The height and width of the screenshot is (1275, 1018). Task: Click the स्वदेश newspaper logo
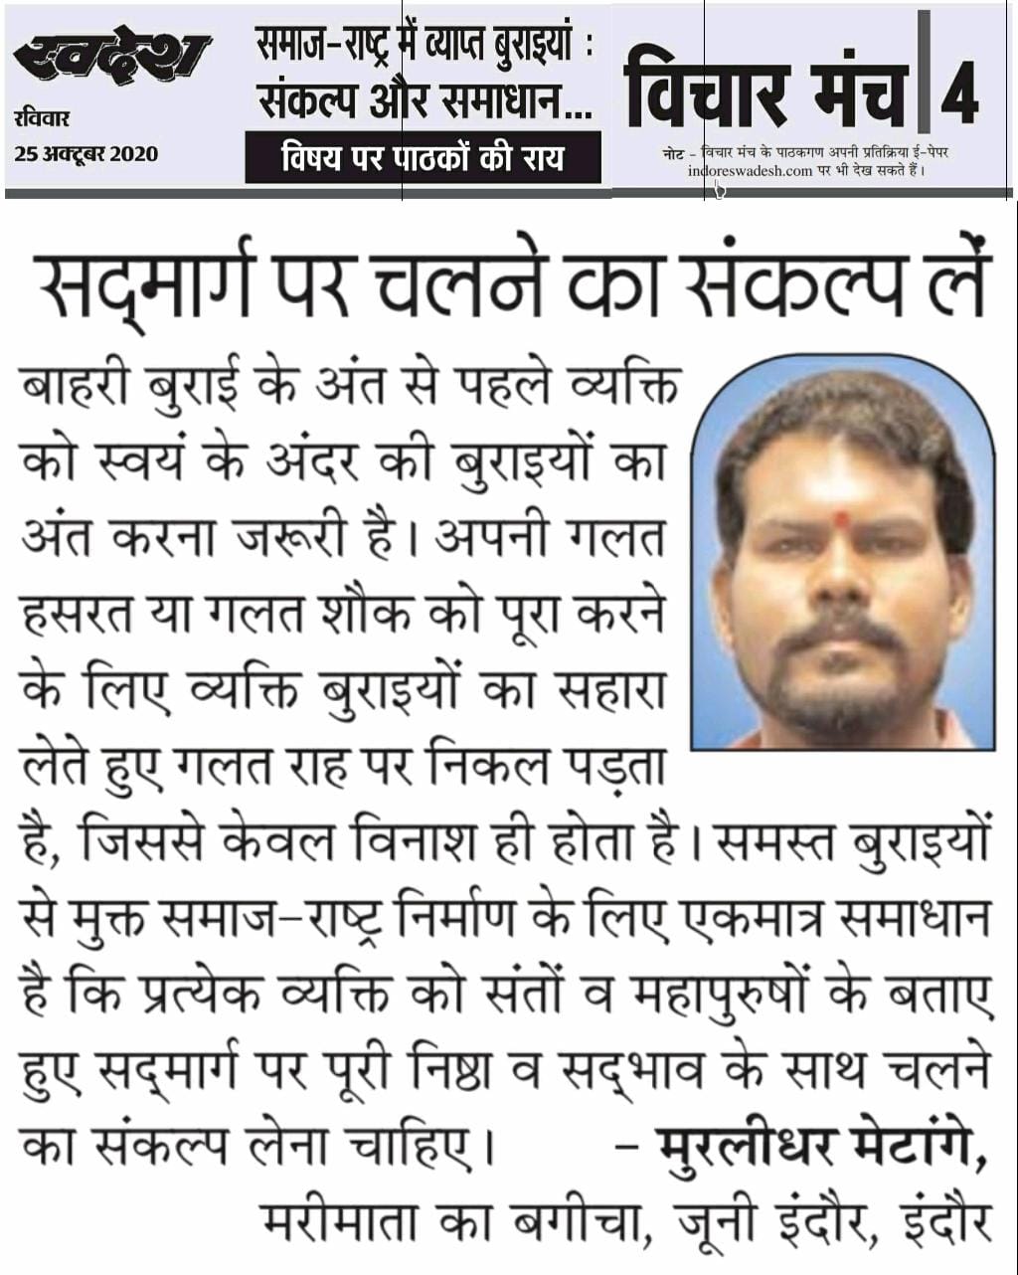(x=111, y=59)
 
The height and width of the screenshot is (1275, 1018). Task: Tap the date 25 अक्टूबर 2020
(x=86, y=154)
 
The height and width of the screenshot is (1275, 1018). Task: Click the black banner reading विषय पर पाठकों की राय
(x=423, y=158)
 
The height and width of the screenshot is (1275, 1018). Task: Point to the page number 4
(x=958, y=95)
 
